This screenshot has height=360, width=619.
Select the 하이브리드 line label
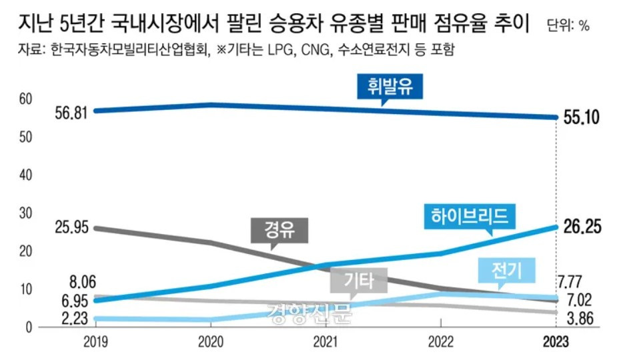(470, 215)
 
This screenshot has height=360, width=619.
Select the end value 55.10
(581, 118)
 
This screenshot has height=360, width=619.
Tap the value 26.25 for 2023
(581, 227)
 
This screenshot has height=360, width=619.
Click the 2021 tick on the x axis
(325, 342)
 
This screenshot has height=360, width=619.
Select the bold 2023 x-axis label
(555, 342)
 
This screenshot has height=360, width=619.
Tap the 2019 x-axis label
(95, 342)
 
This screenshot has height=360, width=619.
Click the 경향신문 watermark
(308, 311)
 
